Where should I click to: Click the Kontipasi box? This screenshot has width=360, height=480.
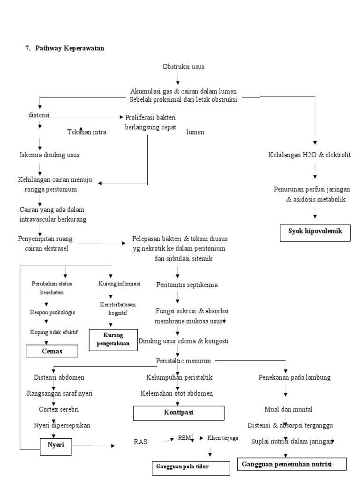tap(179, 413)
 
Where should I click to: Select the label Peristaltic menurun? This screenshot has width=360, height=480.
tap(183, 360)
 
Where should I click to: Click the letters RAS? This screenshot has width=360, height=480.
tap(141, 442)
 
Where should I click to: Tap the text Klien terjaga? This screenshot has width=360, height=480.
tap(223, 438)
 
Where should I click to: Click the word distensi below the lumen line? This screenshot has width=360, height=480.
tap(39, 115)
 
